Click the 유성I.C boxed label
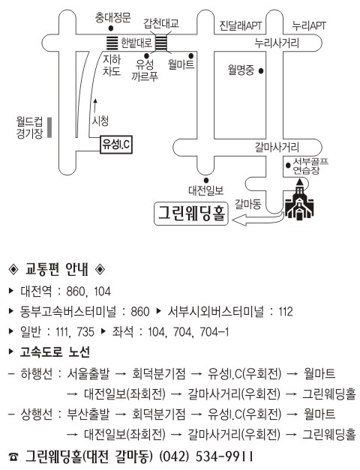[x=115, y=145]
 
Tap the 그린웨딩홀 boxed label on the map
[x=190, y=214]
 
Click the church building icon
[x=299, y=199]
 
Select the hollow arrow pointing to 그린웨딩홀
[x=258, y=219]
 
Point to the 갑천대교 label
[x=161, y=23]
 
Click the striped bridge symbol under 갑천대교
[x=161, y=43]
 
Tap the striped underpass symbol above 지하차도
[x=112, y=43]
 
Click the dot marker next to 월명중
[x=261, y=71]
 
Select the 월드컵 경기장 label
[x=29, y=127]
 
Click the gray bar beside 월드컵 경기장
[x=49, y=127]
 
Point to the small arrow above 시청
[x=95, y=105]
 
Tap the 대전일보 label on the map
[x=205, y=190]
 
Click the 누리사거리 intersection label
[x=277, y=43]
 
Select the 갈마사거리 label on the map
[x=277, y=147]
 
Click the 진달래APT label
[x=241, y=25]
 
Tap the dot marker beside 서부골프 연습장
[x=288, y=165]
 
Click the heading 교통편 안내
[x=57, y=269]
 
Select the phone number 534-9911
[x=224, y=457]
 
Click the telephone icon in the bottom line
[x=13, y=457]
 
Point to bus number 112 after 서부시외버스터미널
[x=285, y=311]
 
